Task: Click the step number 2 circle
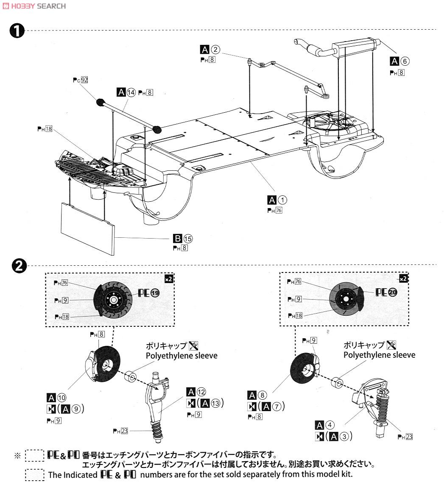pyautogui.click(x=17, y=266)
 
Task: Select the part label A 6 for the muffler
pyautogui.click(x=400, y=61)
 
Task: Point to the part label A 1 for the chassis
pyautogui.click(x=277, y=200)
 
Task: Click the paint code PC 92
pyautogui.click(x=81, y=79)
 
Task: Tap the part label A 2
pyautogui.click(x=210, y=50)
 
